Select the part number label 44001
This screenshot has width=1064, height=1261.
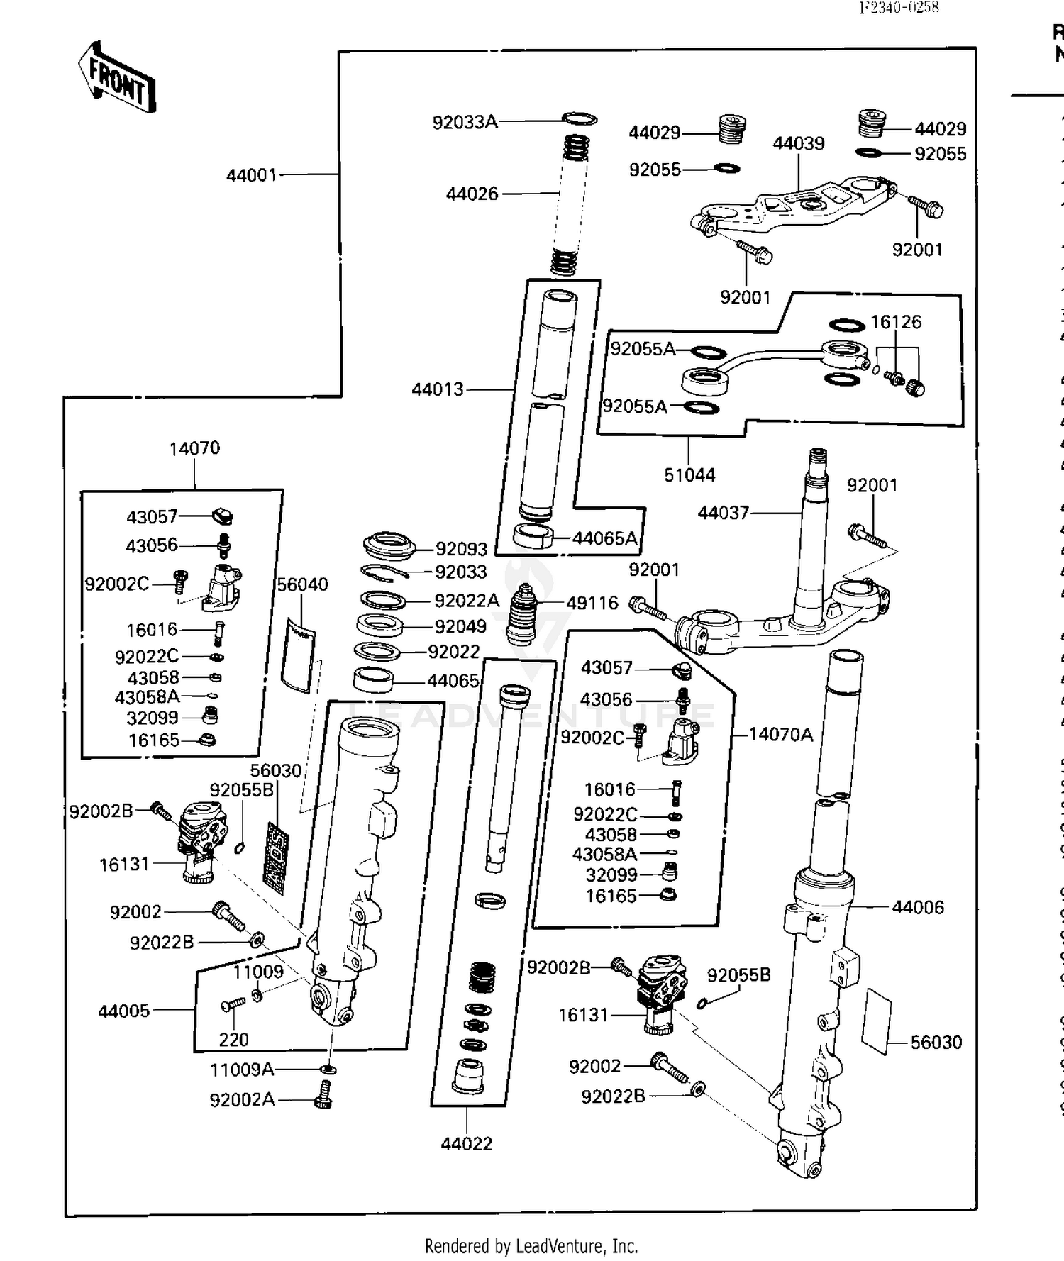251,174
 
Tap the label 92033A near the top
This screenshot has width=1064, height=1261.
465,122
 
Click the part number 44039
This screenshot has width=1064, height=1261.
798,143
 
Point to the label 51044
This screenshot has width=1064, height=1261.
689,474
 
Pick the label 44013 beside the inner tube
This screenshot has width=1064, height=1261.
437,389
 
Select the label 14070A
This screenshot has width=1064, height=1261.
780,734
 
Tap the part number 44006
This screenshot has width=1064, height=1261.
917,907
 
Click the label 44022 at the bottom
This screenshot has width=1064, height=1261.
466,1144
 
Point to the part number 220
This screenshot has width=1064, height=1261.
233,1040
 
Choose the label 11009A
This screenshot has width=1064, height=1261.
241,1069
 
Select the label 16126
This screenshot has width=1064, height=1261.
895,322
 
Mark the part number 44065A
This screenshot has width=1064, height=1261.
604,538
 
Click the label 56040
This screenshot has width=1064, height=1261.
302,584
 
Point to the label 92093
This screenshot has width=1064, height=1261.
461,549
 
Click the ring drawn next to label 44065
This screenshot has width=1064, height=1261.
373,680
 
